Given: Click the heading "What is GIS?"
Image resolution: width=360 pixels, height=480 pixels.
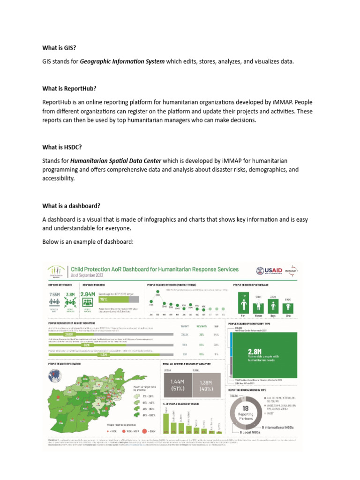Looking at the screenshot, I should point(59,47).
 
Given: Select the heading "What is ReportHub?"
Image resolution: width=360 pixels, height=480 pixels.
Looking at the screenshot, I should point(69,88).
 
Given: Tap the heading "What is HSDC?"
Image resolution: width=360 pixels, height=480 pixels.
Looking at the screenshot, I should point(62,147).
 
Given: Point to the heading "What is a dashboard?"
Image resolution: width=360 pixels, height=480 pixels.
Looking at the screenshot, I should point(71,206).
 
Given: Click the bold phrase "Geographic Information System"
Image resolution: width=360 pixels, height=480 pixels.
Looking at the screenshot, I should point(122,61).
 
